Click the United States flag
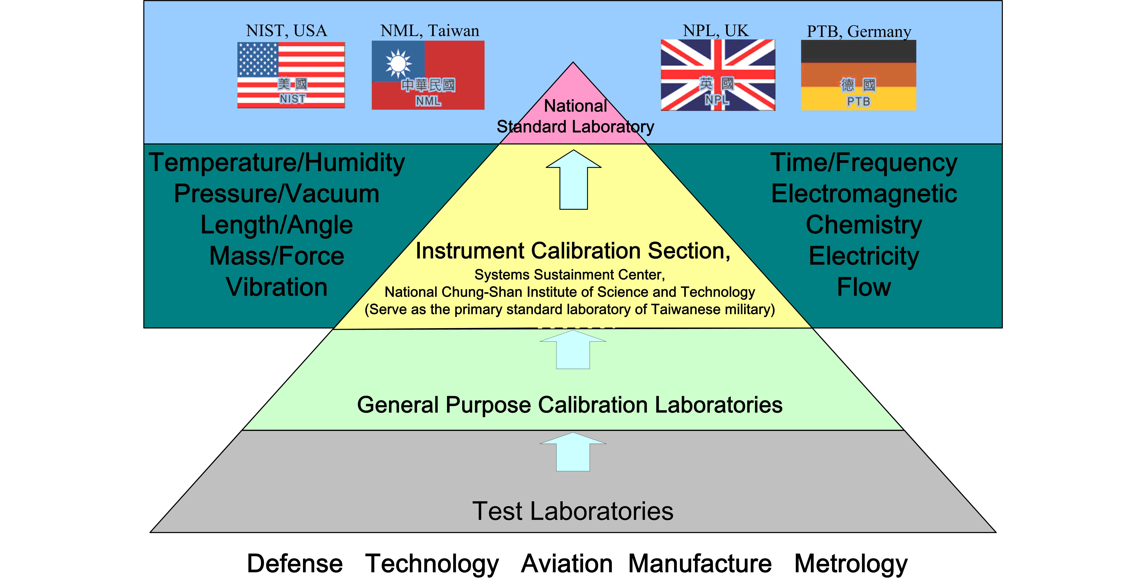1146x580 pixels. click(x=291, y=75)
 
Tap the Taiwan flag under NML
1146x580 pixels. click(x=428, y=75)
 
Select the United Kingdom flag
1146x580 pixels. click(x=718, y=75)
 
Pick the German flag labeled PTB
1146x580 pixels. click(x=858, y=75)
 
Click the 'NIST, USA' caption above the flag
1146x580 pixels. click(x=286, y=31)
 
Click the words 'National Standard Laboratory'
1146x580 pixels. click(x=575, y=117)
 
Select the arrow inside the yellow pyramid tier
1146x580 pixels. click(x=573, y=180)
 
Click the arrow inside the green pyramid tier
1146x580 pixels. click(x=573, y=350)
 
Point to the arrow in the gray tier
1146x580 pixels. click(x=573, y=452)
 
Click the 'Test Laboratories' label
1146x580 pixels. click(x=573, y=511)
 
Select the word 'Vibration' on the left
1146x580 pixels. click(x=277, y=287)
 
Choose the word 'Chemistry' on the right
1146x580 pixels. click(x=864, y=225)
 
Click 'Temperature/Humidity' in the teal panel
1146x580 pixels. click(x=277, y=162)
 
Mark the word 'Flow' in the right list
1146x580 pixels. click(x=864, y=287)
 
